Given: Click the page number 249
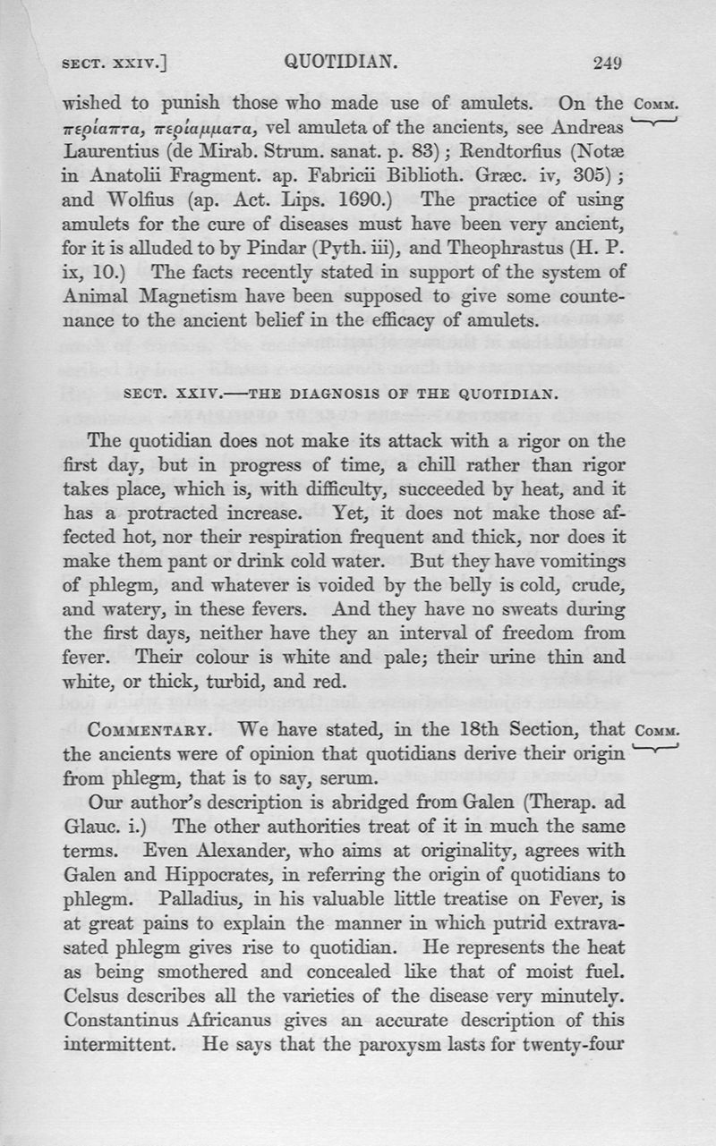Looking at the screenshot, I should pos(606,63).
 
